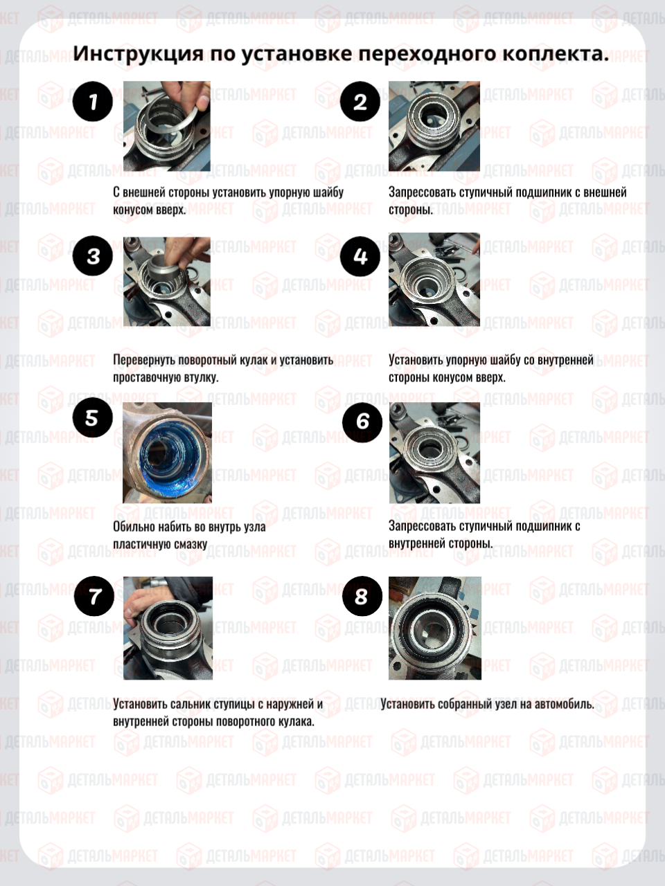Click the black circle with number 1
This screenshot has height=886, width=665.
click(x=92, y=101)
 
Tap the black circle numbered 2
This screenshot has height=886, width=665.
click(x=360, y=101)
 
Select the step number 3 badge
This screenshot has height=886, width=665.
click(x=92, y=256)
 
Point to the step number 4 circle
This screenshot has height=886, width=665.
click(x=360, y=256)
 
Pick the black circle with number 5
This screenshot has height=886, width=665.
click(x=92, y=417)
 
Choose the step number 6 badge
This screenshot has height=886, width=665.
click(x=362, y=422)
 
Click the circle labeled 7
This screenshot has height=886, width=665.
click(x=94, y=596)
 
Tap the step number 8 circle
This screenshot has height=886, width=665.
click(x=362, y=596)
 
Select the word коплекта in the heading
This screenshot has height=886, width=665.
click(x=556, y=54)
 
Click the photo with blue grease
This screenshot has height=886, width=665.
click(x=167, y=453)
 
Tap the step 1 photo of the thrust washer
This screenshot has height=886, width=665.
click(x=167, y=126)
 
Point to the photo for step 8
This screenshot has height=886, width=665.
click(x=435, y=628)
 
